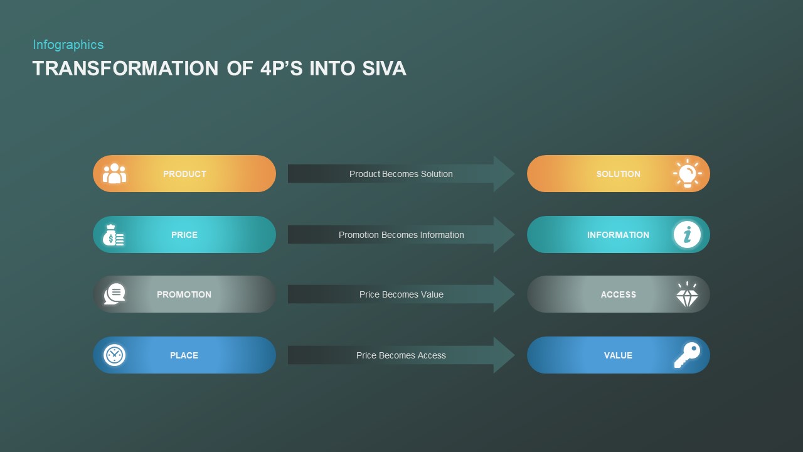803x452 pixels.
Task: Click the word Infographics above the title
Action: (68, 45)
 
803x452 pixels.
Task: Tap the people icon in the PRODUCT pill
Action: (114, 174)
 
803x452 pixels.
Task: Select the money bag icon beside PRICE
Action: (114, 235)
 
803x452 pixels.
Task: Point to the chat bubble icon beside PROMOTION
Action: (115, 294)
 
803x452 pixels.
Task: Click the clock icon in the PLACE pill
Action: (114, 355)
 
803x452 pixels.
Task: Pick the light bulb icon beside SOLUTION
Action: (687, 173)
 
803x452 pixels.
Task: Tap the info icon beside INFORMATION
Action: (687, 235)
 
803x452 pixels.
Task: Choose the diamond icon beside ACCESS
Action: (687, 294)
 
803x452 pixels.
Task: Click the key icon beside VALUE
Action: (687, 355)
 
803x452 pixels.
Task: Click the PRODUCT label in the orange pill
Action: (184, 174)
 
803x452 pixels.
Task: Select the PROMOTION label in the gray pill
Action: (184, 294)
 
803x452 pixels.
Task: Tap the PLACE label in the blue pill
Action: (184, 355)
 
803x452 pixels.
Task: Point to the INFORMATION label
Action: (618, 235)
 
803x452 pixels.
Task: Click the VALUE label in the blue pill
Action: (618, 355)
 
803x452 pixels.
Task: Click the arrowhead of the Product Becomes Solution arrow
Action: (504, 174)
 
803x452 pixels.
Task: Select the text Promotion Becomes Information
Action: (401, 235)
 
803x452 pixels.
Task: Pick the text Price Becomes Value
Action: (401, 294)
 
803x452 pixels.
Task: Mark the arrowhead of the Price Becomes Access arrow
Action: (504, 355)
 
